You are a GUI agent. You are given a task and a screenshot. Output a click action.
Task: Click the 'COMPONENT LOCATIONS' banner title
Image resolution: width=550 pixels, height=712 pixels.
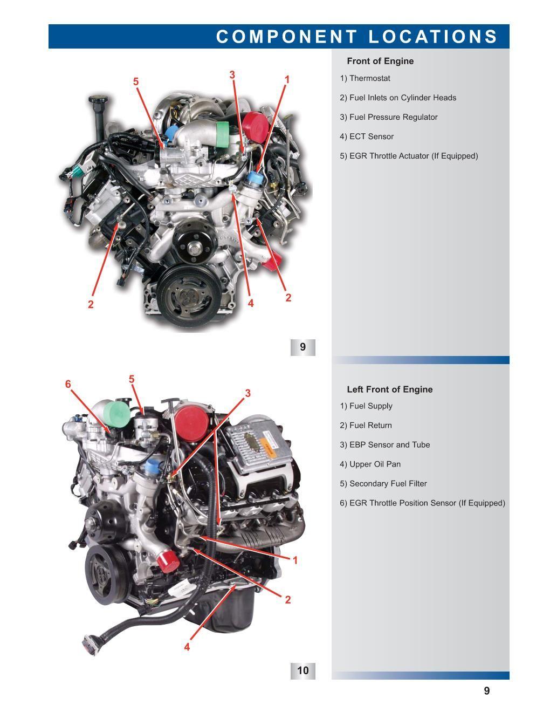point(357,36)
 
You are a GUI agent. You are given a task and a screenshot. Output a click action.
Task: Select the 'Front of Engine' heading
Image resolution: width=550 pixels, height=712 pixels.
point(380,61)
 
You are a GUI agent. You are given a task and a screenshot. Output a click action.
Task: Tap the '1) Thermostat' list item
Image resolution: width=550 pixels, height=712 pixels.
point(365,78)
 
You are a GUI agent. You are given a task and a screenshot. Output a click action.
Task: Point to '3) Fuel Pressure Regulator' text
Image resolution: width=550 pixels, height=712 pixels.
point(389,117)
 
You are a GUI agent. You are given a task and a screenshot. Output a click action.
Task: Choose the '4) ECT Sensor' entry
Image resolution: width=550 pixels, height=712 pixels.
point(367,136)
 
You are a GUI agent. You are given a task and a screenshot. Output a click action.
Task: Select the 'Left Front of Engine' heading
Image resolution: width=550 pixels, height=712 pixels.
point(390,389)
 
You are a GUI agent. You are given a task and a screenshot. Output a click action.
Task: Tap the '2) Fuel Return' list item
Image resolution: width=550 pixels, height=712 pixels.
point(366,425)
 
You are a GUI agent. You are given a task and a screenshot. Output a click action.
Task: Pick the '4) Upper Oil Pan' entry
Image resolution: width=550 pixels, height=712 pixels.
point(370,464)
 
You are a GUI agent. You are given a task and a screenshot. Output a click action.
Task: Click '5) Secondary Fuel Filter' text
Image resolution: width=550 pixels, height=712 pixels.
point(383,484)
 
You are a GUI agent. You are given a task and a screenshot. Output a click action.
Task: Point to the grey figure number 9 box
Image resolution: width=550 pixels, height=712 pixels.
point(302,347)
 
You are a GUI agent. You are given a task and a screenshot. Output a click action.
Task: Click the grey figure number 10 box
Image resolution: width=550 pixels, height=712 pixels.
point(302,671)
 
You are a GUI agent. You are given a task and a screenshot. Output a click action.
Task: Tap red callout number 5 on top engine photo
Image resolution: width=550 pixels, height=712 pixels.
point(136,81)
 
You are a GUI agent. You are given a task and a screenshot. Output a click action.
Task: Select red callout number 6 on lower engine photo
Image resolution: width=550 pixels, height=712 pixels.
point(68,384)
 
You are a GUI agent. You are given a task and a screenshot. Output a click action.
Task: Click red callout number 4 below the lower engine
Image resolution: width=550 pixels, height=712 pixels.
point(187,647)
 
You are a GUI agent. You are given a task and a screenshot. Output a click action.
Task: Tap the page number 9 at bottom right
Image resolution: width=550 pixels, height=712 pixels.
point(487,691)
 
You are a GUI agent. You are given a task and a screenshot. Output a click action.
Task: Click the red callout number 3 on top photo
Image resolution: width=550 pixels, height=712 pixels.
point(232,74)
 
